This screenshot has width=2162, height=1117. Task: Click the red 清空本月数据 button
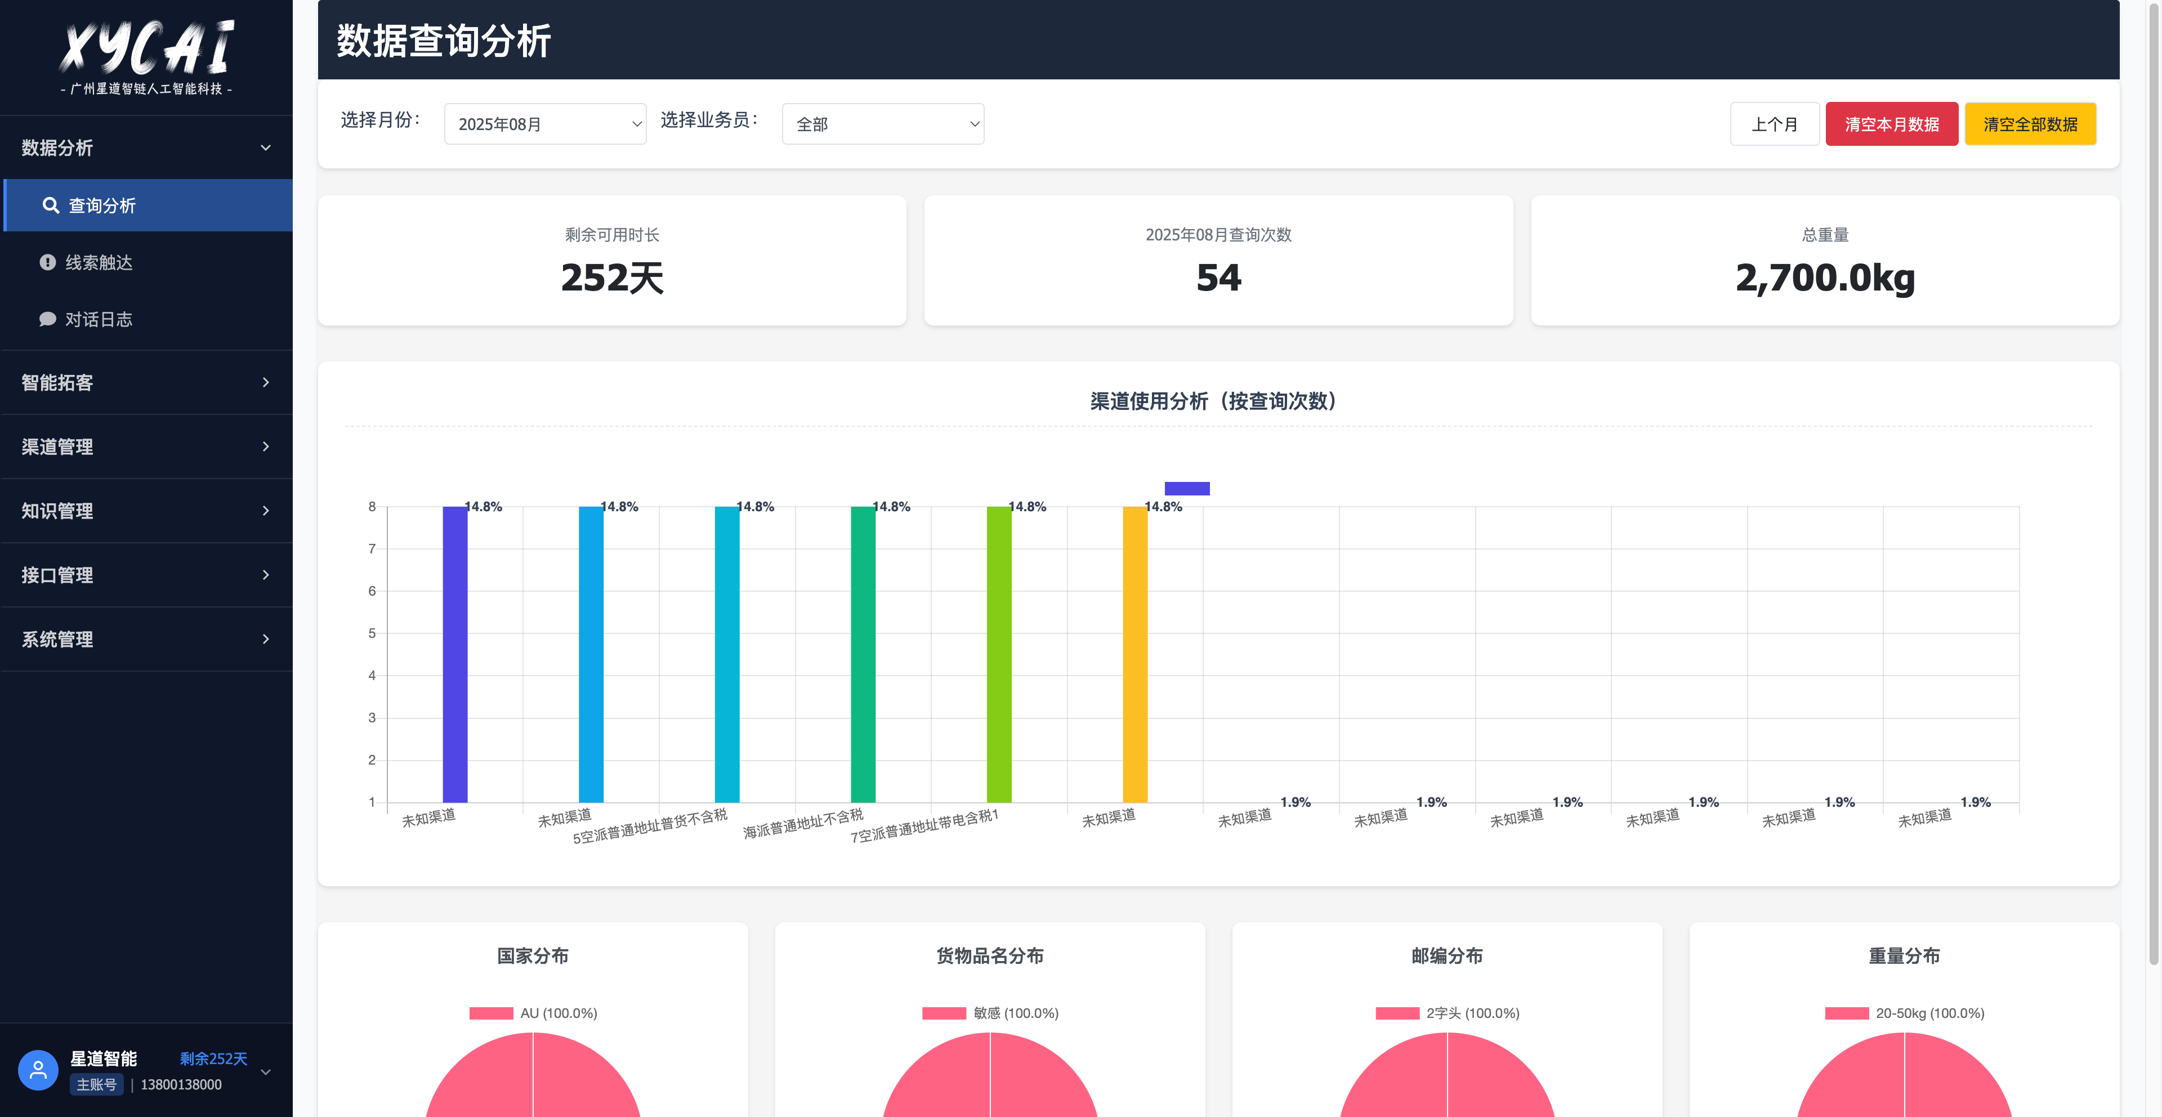1891,124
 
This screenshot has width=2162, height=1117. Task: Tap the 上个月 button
1774,124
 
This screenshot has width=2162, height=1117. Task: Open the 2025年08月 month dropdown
544,124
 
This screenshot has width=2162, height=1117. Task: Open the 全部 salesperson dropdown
882,124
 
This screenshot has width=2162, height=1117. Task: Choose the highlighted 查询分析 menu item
101,205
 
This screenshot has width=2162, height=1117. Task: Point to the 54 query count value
1218,278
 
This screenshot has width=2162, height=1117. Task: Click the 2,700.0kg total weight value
1825,278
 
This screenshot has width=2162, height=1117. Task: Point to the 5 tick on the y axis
372,633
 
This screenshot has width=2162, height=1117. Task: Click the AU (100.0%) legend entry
533,1013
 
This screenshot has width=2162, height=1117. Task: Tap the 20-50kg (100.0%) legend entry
1904,1013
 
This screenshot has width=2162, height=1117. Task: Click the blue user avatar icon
38,1070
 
